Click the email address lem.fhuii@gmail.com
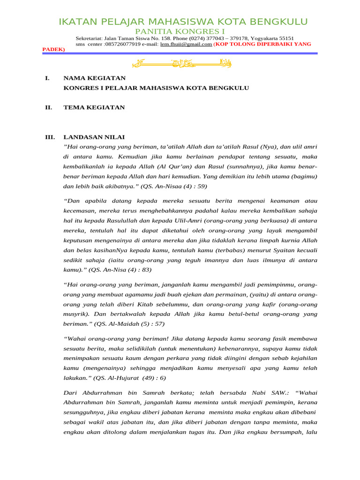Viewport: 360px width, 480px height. point(186,44)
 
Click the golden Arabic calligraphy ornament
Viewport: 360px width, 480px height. point(180,63)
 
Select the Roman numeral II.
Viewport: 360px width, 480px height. point(48,107)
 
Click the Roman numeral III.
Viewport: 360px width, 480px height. point(50,137)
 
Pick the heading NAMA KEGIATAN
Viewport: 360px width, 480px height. point(94,78)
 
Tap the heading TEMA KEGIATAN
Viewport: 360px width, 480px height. point(94,107)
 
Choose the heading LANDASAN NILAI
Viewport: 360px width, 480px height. point(94,137)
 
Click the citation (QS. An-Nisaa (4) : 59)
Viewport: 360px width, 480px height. point(168,186)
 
